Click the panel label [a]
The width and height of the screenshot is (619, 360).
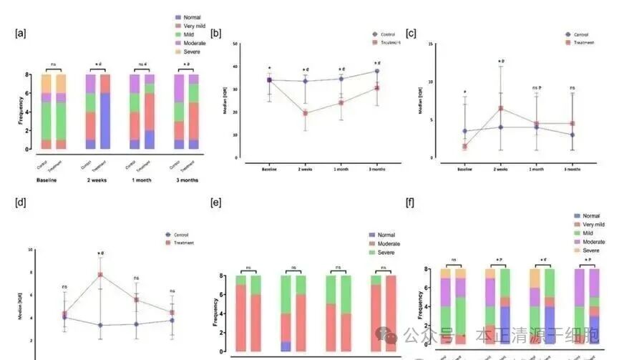pos(21,33)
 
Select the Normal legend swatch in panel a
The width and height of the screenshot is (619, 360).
pos(179,17)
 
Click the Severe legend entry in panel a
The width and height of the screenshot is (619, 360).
pos(179,52)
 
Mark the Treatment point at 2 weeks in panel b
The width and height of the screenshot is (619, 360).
pos(305,113)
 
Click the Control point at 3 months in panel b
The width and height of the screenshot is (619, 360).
pos(376,71)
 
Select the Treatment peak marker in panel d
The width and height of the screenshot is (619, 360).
pos(99,274)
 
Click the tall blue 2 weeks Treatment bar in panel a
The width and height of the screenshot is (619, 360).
pos(105,121)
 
